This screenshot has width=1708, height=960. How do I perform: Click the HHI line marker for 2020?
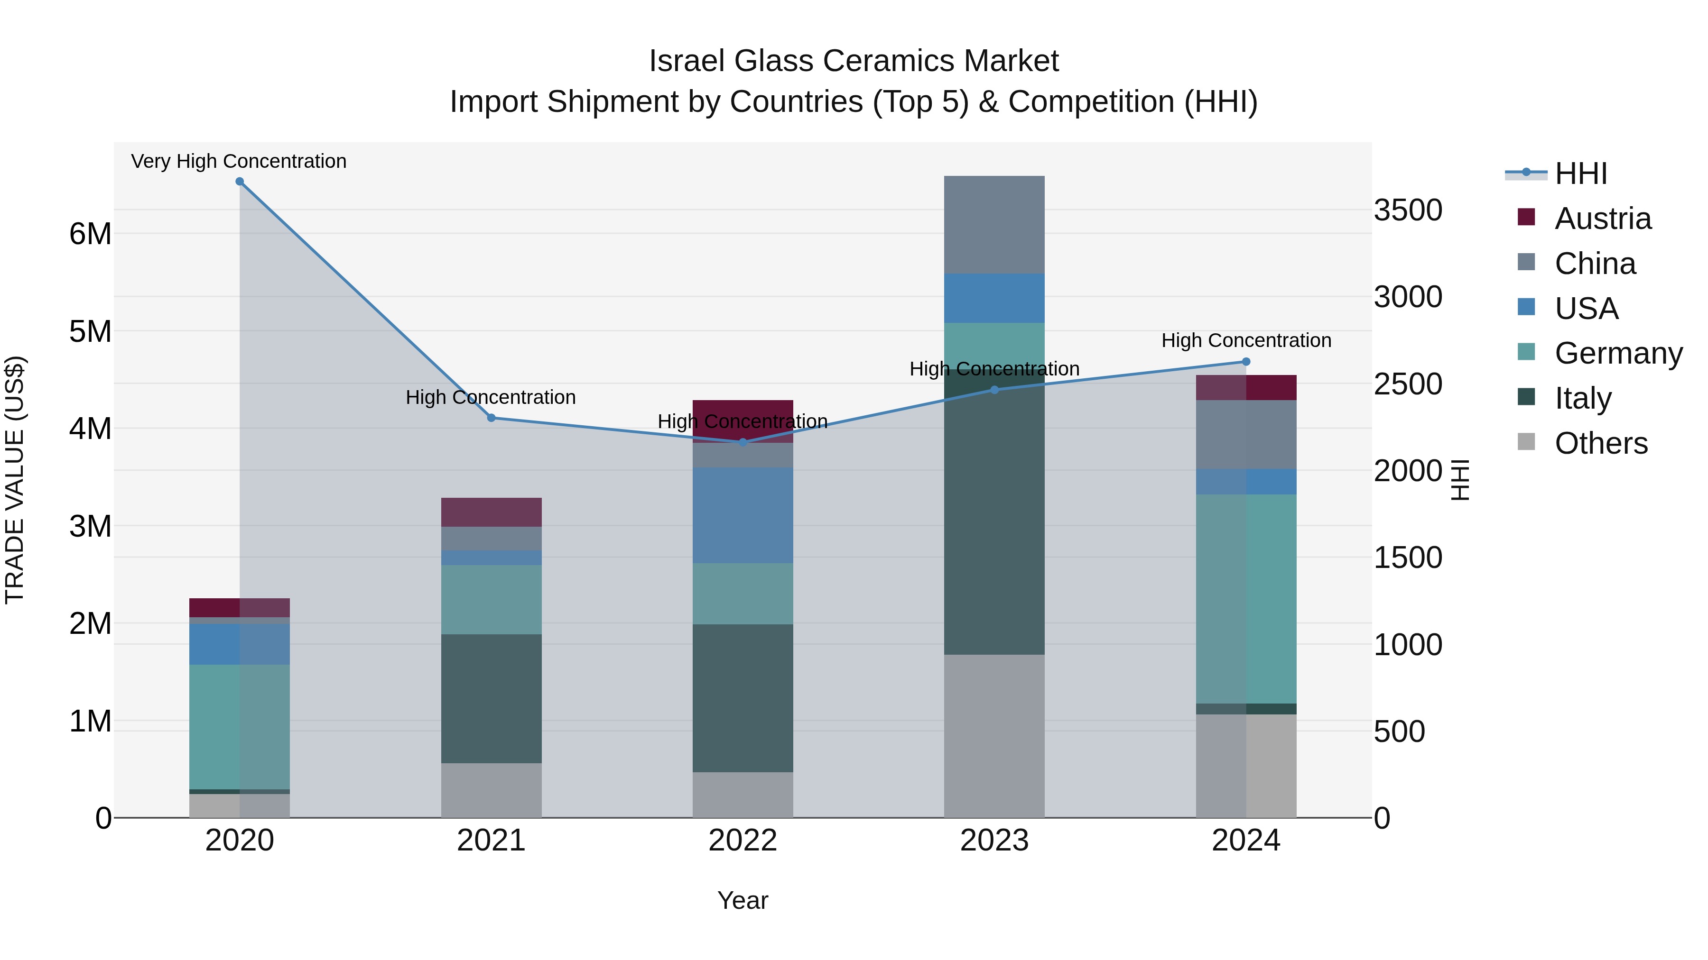click(240, 182)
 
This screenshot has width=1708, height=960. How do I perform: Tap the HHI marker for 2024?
click(1246, 362)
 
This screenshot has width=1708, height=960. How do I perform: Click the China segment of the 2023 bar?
click(994, 225)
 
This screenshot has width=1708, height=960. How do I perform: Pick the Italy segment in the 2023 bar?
click(994, 517)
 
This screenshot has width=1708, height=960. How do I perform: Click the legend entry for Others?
click(1601, 443)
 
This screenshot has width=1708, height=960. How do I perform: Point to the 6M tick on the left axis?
click(90, 234)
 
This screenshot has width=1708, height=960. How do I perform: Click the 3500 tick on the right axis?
click(1408, 210)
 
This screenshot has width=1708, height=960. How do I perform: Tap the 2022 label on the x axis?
click(743, 841)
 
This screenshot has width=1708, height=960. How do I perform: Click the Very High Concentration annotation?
click(239, 162)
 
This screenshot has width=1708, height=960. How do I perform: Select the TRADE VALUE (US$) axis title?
click(15, 480)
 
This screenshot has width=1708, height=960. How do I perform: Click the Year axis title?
click(743, 900)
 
